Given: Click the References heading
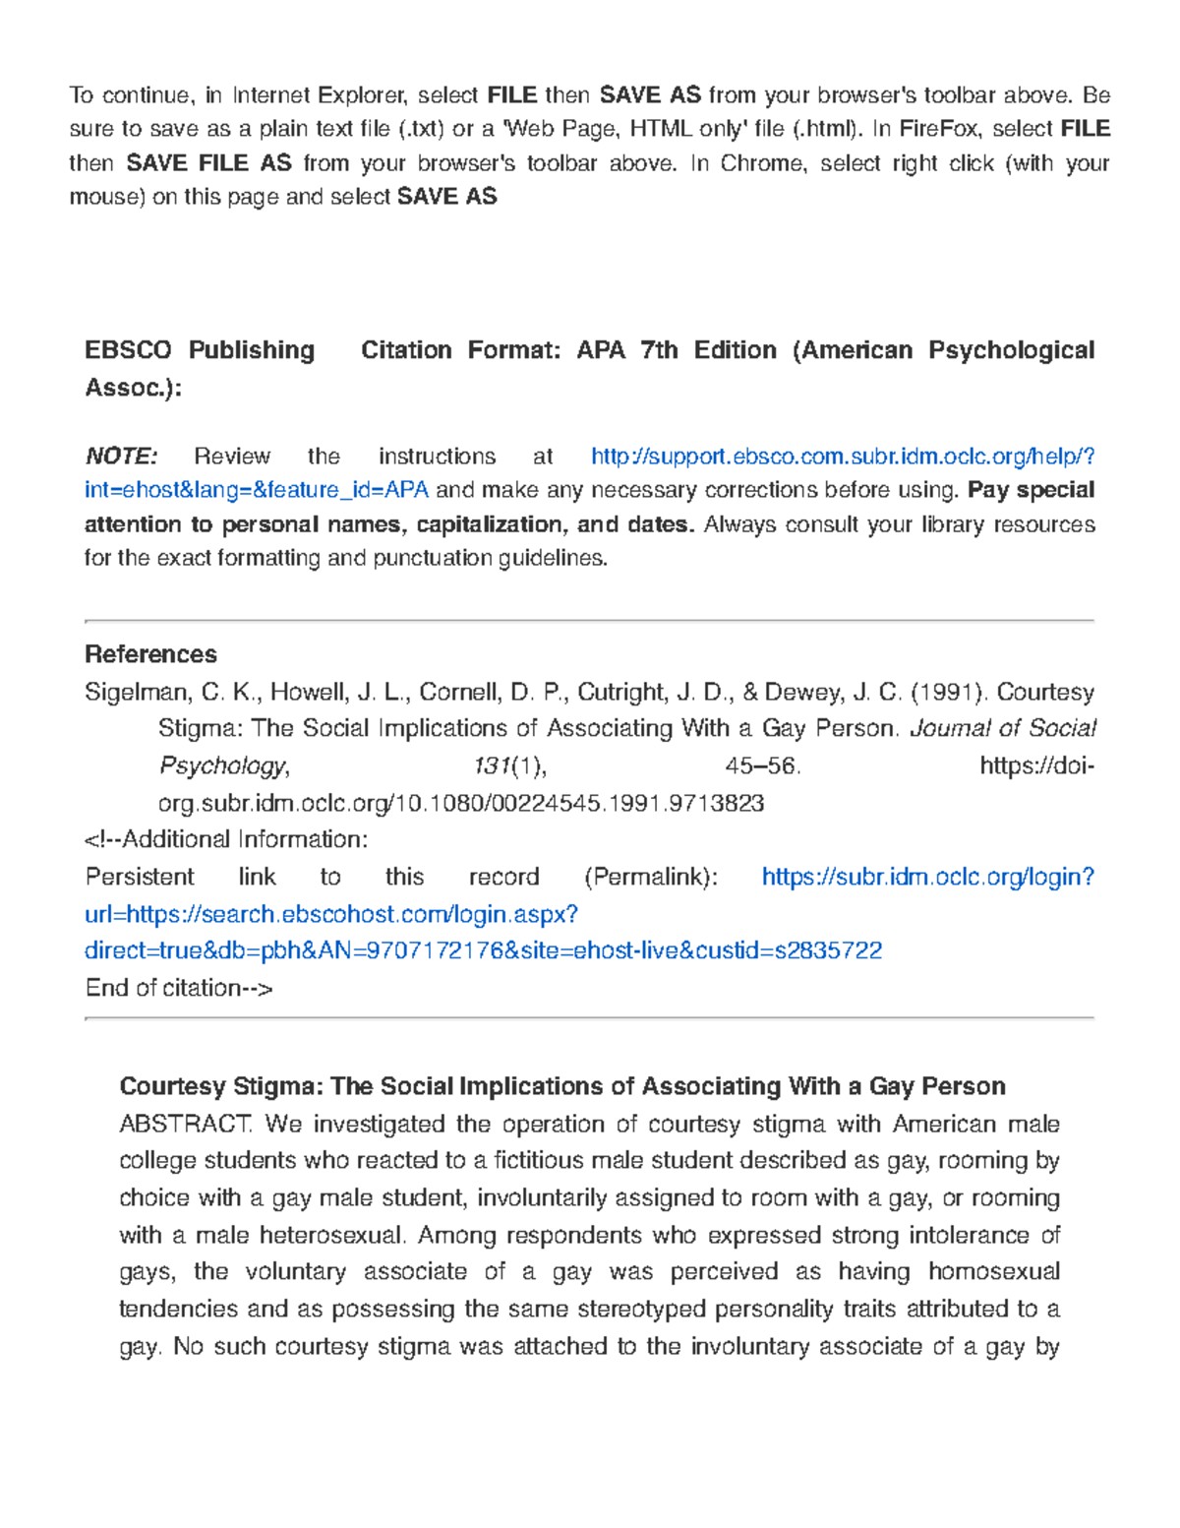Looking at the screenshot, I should (x=150, y=654).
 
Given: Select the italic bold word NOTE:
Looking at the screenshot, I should (x=121, y=457).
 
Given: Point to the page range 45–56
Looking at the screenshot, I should (x=762, y=766).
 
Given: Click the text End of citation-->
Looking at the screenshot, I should (x=178, y=988).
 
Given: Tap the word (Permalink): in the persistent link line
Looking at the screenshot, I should (x=651, y=878).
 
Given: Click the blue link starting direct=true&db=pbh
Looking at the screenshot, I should (x=483, y=951).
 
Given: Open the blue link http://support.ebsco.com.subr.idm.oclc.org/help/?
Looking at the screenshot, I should (x=842, y=457).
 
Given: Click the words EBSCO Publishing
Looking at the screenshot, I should (x=200, y=351).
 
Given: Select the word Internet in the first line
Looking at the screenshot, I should (x=269, y=95).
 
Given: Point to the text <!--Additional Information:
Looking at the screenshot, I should (x=226, y=840).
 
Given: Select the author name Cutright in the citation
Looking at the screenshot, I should (x=621, y=693).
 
